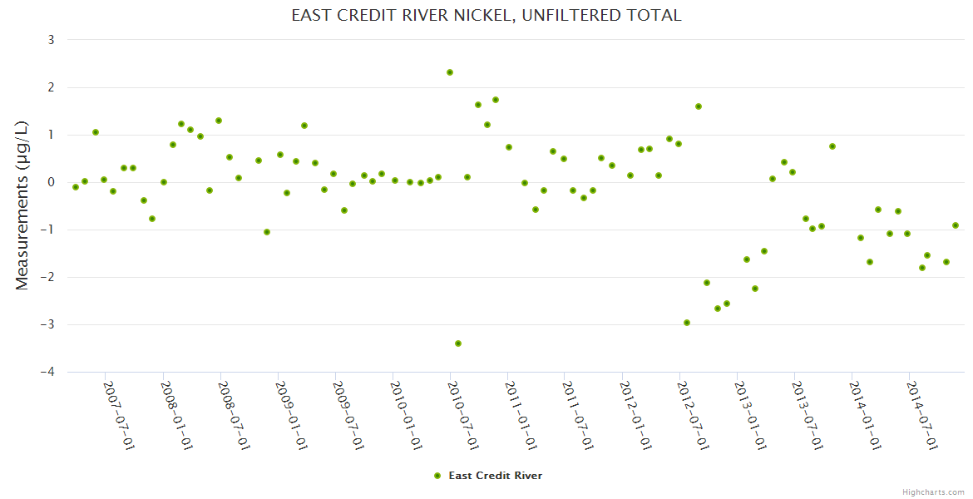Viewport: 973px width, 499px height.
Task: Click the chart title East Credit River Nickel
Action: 486,15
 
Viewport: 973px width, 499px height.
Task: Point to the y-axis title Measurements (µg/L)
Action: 22,205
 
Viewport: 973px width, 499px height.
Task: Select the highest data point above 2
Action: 450,72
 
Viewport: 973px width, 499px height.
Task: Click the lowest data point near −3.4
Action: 458,343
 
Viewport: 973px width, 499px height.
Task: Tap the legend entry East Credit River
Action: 495,476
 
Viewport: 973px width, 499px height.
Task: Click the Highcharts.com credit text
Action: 933,492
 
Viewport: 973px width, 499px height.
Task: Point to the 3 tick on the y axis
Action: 51,40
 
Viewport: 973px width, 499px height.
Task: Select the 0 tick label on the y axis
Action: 51,182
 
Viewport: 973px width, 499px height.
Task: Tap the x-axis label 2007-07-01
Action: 119,415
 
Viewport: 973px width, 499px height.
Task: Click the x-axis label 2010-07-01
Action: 463,415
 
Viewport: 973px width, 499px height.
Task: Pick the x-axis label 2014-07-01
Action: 922,415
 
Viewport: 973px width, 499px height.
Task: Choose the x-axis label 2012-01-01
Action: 635,415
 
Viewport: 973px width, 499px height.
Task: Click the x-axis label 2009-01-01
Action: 291,415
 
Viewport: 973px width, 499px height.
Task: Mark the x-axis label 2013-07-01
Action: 808,415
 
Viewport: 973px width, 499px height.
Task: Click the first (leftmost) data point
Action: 76,187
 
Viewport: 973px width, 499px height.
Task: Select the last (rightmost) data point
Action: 956,225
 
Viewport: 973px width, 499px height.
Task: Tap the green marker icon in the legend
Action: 437,476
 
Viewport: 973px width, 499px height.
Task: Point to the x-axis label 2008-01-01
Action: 176,415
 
